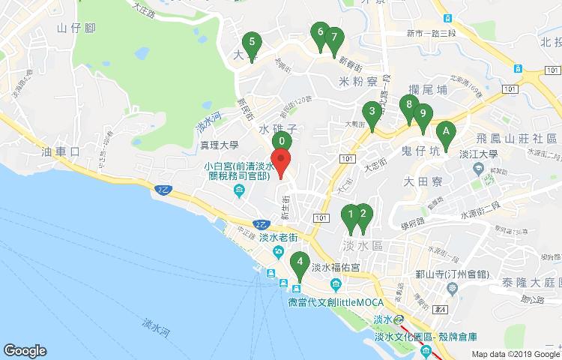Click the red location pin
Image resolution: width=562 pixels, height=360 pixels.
[281, 161]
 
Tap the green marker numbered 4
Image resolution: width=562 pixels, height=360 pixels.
[300, 262]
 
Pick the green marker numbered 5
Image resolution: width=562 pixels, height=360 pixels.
[252, 43]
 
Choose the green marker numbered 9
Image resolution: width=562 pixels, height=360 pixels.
[423, 115]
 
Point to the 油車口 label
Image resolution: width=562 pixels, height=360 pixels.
[62, 151]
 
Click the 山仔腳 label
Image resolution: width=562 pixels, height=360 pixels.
[75, 28]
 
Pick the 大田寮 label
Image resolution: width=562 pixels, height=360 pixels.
[423, 181]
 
